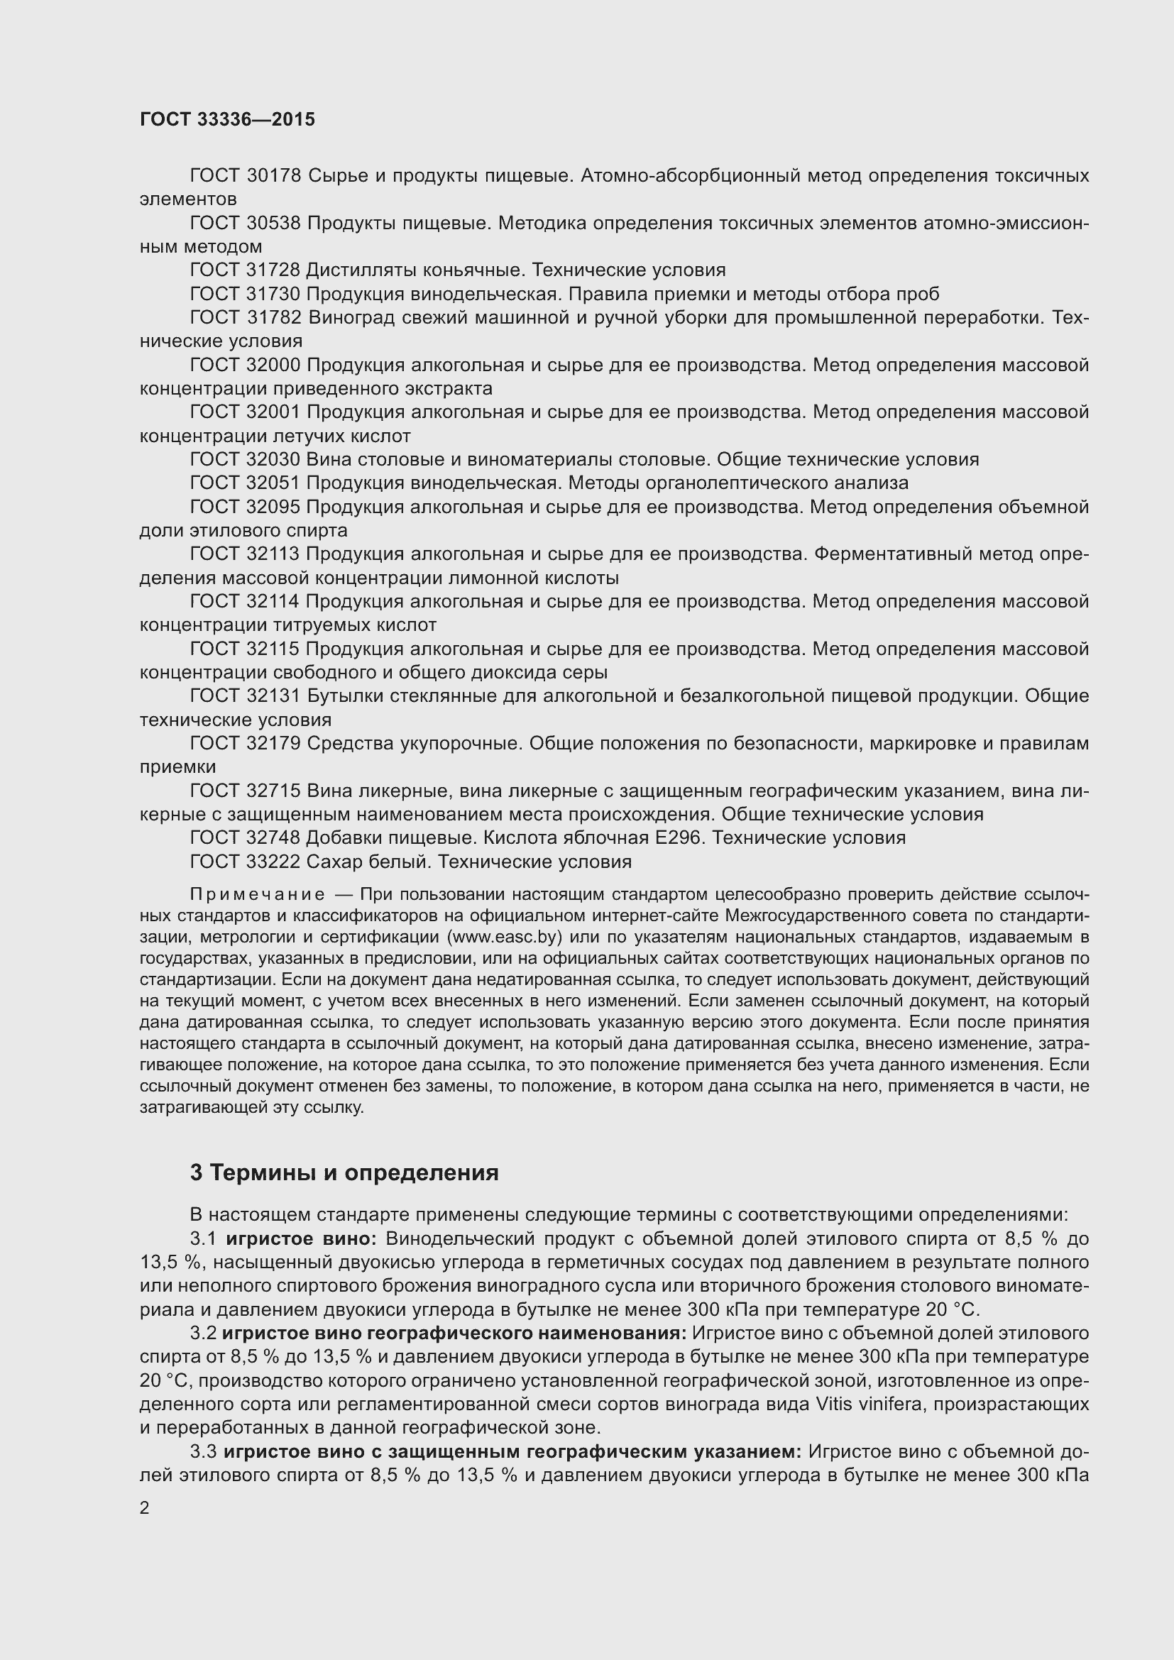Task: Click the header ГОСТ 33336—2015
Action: pos(227,119)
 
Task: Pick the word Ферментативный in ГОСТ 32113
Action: pos(892,554)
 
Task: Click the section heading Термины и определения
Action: pos(354,1172)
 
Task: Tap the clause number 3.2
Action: pos(203,1334)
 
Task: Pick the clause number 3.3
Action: pos(203,1451)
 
